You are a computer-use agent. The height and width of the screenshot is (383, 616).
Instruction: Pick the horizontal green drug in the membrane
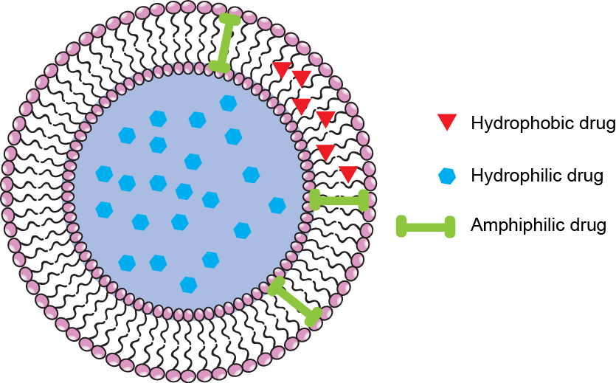(x=339, y=200)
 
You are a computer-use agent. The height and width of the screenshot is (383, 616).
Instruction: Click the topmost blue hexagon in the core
(x=228, y=103)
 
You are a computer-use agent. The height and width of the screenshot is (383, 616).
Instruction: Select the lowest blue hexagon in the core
(x=189, y=283)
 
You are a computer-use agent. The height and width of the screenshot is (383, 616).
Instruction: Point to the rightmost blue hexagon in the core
(x=277, y=205)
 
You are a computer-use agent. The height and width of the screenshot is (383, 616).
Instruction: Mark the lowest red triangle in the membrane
(x=348, y=174)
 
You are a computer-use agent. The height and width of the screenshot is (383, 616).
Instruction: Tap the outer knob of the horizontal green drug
(x=364, y=200)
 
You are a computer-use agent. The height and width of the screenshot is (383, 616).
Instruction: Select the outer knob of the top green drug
(x=230, y=21)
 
